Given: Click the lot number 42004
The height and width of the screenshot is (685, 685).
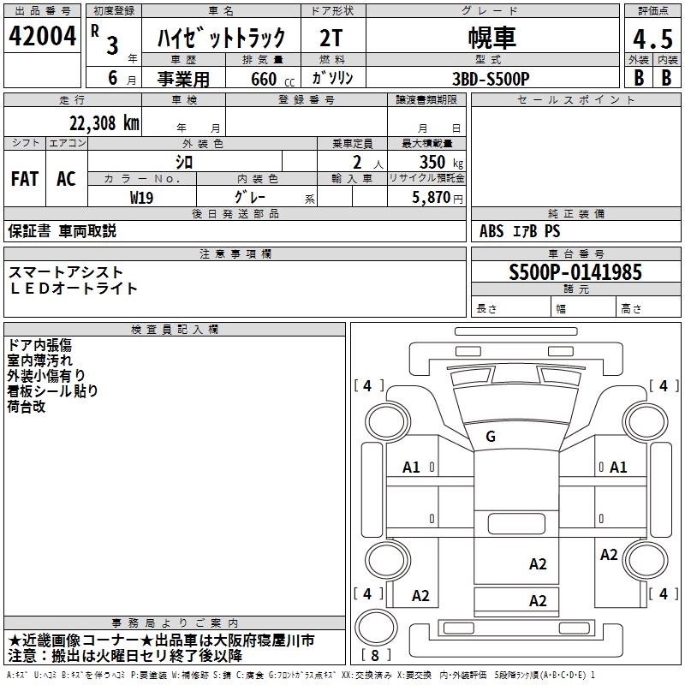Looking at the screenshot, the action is coord(43,38).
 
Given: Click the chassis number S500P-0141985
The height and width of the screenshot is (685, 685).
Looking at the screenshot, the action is coord(575,273).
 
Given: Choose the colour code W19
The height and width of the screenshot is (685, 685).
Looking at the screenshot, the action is coord(142,196).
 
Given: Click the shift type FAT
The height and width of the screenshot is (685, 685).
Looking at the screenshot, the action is coord(24,178).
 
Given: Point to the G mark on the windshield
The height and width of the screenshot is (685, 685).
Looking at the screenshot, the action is coord(491,437).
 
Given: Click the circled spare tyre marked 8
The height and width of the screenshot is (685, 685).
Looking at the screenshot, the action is coord(374,631).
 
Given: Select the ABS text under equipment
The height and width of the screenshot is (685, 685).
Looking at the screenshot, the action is coord(492,231).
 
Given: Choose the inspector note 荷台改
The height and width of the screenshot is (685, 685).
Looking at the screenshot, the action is coord(27,407).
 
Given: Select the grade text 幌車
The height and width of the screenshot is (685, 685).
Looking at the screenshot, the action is coord(491,38).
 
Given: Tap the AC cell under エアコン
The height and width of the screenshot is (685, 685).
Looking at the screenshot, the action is coord(66,178).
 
